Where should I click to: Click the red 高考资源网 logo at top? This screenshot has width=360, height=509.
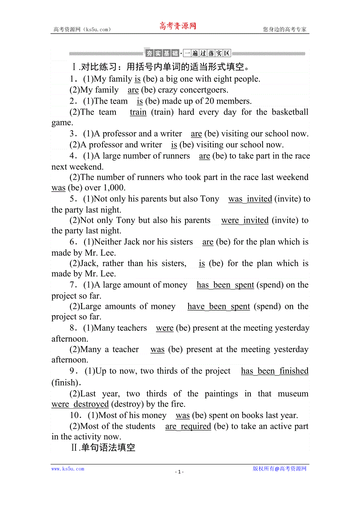pos(177,26)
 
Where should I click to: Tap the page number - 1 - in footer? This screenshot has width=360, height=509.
pos(179,472)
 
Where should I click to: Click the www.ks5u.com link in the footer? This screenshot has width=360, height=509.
pos(68,469)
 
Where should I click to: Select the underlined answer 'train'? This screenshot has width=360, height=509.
pos(138,112)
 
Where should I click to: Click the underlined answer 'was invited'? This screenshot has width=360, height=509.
pos(250,199)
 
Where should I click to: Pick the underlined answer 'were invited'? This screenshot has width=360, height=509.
pos(245,220)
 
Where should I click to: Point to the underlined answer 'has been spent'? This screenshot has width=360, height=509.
pos(225,285)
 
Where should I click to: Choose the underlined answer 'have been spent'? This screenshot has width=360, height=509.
pos(218,306)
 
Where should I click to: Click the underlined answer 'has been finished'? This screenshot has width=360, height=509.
pos(275,371)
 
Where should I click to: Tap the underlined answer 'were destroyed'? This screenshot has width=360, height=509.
pos(80,404)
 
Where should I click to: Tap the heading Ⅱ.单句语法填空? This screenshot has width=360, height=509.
pos(103,448)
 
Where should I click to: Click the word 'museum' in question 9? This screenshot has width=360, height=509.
pos(293,394)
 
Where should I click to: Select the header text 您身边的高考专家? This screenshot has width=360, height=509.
pos(284,29)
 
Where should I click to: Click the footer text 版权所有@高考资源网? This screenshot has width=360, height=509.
pos(279,469)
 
